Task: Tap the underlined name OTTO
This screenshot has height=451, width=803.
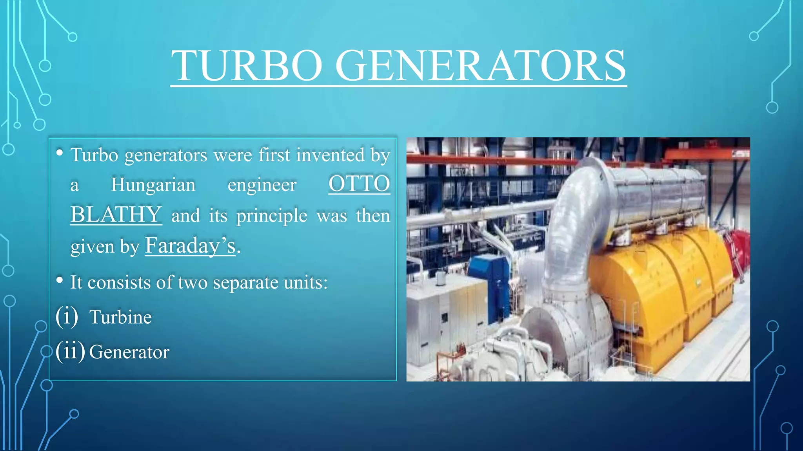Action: (x=359, y=184)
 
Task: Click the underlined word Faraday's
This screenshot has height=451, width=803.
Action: (x=190, y=245)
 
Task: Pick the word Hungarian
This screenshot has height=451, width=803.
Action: (x=153, y=184)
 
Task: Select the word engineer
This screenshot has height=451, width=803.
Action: (x=262, y=184)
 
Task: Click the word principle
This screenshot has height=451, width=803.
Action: (x=272, y=216)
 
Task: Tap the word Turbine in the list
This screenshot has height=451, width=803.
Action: (x=120, y=317)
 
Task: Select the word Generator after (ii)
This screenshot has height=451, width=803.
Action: (x=129, y=352)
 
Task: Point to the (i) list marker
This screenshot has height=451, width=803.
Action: (x=67, y=316)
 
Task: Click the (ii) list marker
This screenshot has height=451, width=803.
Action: (x=70, y=351)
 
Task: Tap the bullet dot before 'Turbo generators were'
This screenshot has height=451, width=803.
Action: (x=60, y=152)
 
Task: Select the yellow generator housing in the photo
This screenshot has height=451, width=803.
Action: (x=663, y=290)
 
